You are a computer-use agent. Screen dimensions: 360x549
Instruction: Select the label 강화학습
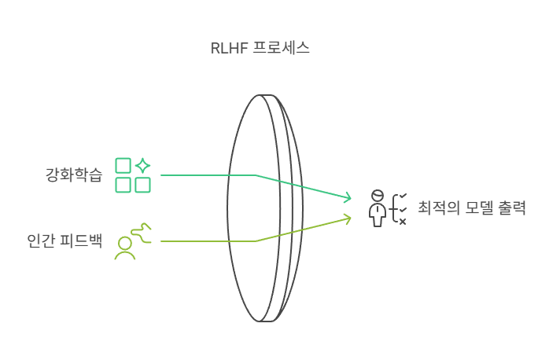pos(74,174)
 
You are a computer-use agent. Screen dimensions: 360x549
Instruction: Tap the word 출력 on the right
pos(513,209)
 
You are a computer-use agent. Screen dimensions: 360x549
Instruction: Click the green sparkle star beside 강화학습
pos(142,165)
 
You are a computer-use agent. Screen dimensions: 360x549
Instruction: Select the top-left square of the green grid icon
pos(123,165)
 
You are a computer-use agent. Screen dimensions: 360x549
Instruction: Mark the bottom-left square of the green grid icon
pos(123,185)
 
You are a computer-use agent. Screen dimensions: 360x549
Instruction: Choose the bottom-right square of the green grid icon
pos(142,185)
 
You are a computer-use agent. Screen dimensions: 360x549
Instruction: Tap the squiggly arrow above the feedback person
pos(140,230)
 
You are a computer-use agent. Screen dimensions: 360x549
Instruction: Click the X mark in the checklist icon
pos(403,222)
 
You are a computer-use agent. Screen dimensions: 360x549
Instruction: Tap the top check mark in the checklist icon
pos(403,195)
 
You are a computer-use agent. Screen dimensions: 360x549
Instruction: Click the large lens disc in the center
pos(256,208)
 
